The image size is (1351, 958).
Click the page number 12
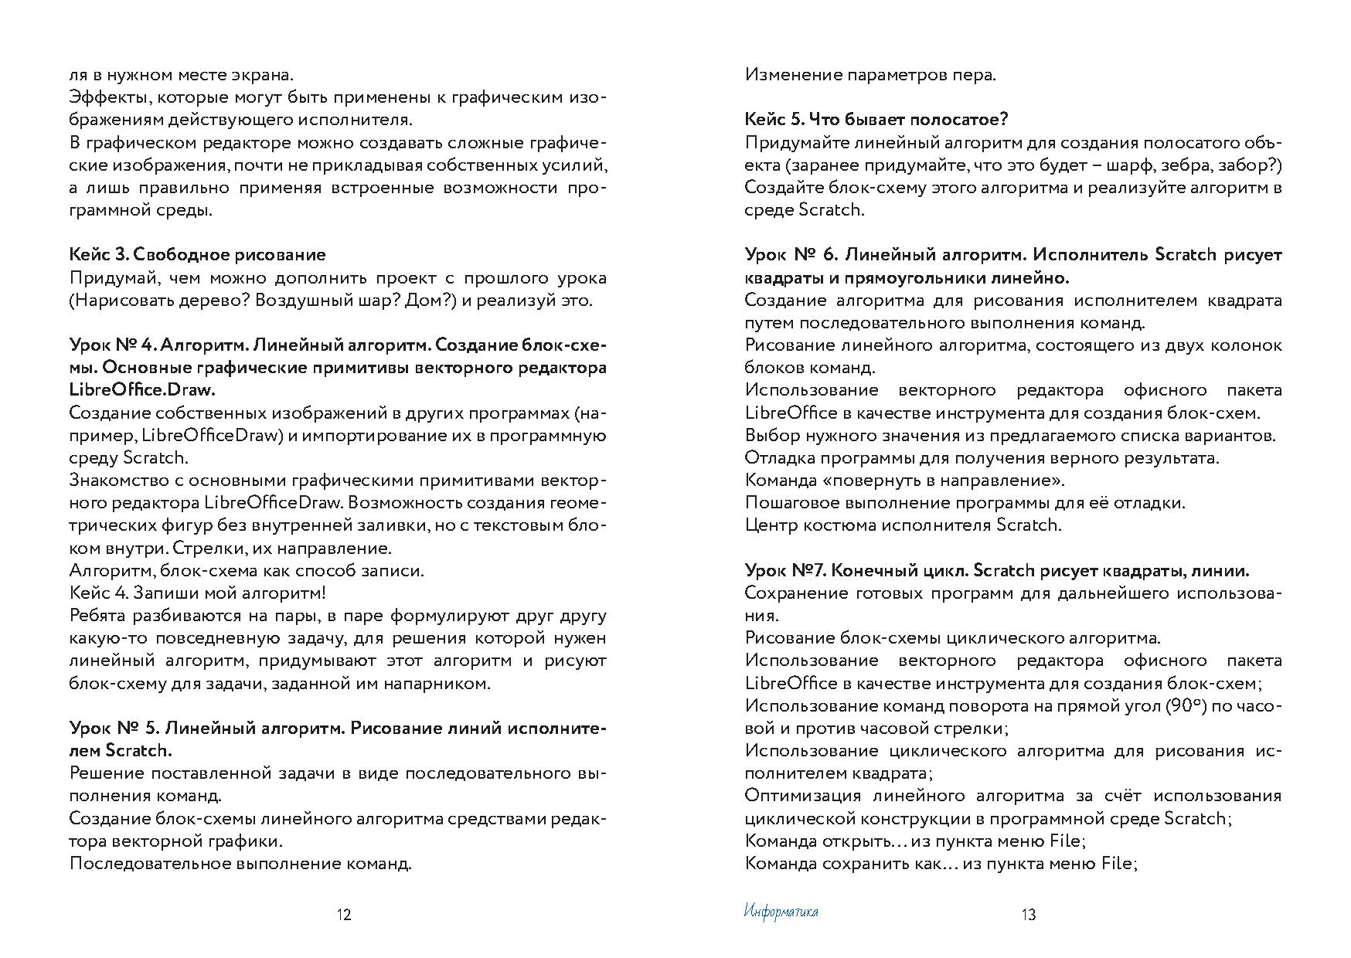tap(344, 916)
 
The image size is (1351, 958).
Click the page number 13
tap(1028, 916)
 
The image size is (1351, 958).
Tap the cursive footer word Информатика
tap(781, 912)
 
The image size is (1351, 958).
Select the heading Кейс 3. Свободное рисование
tap(197, 255)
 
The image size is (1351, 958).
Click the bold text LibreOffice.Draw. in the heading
tap(141, 390)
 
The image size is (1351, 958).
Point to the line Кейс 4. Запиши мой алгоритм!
tap(197, 593)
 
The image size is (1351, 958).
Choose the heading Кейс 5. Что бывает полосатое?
tap(876, 120)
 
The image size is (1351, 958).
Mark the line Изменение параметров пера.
tap(870, 75)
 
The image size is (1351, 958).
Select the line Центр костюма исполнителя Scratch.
tap(903, 525)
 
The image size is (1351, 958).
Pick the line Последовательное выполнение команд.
tap(240, 863)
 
